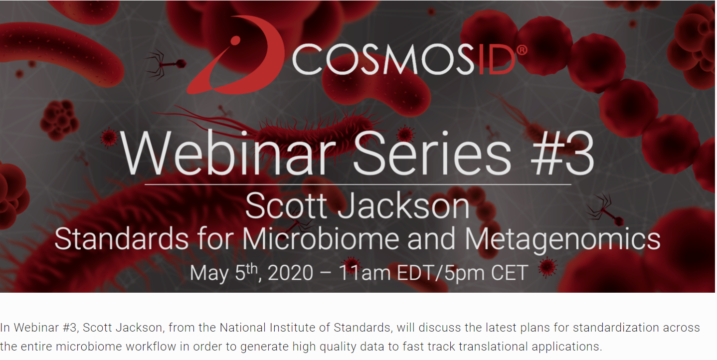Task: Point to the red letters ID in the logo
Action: [496, 60]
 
